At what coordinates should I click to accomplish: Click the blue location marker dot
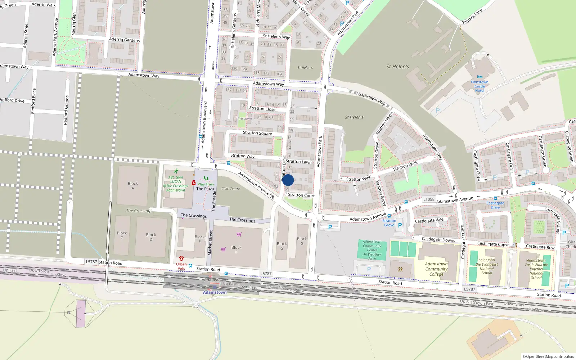[x=288, y=180]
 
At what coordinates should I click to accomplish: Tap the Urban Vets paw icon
[x=181, y=258]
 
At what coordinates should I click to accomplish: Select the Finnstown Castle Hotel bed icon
[x=480, y=77]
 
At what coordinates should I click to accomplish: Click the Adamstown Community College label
[x=436, y=269]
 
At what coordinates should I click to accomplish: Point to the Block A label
[x=133, y=186]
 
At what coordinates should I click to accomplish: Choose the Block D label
[x=151, y=237]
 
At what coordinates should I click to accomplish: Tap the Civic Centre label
[x=230, y=189]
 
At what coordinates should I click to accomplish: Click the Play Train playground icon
[x=206, y=178]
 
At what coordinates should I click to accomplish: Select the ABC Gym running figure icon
[x=176, y=171]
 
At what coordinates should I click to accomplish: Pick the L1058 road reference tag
[x=429, y=199]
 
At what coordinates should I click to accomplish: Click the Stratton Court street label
[x=301, y=195]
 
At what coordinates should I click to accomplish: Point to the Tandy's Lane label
[x=472, y=17]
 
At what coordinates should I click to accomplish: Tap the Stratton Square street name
[x=257, y=133]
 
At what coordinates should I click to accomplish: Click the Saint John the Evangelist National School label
[x=487, y=266]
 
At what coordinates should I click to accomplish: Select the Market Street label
[x=210, y=243]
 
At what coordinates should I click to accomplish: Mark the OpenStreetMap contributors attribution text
[x=548, y=356]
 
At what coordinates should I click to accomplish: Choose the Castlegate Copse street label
[x=493, y=244]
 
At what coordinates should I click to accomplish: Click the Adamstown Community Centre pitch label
[x=372, y=250]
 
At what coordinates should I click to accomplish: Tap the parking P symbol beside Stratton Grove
[x=400, y=225]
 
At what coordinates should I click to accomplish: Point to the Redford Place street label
[x=33, y=101]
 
